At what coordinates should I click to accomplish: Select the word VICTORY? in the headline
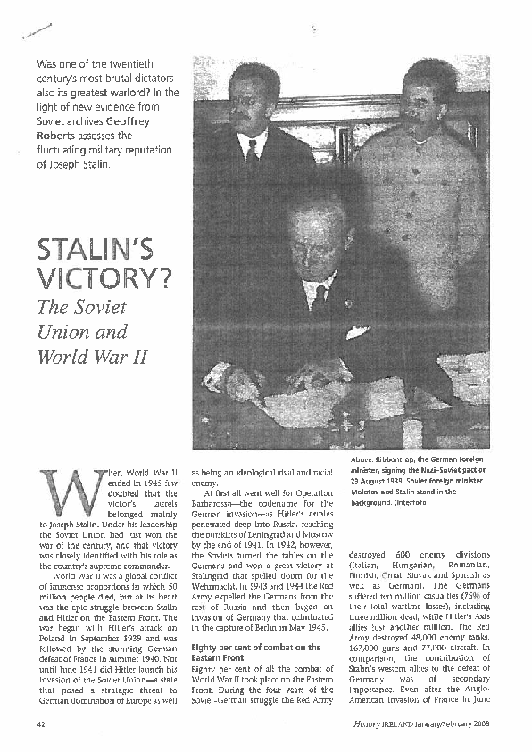(x=106, y=282)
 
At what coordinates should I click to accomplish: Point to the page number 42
(x=40, y=726)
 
